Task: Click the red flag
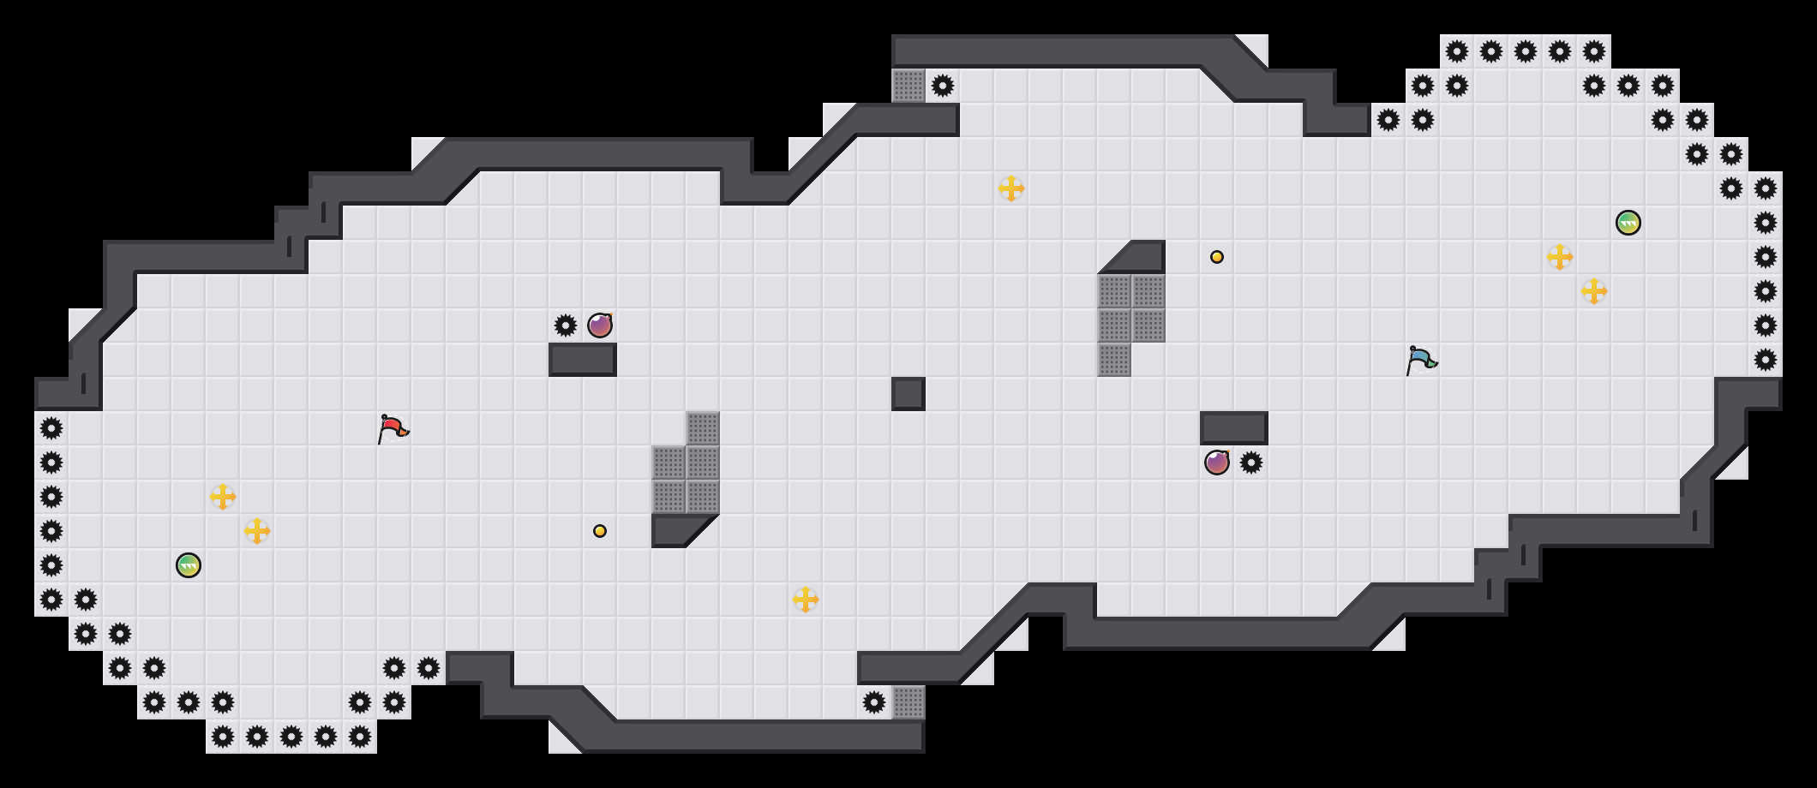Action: click(393, 427)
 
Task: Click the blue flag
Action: click(1421, 359)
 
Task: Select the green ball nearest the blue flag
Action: click(1628, 223)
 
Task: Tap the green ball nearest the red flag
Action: click(189, 565)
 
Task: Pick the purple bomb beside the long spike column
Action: click(600, 325)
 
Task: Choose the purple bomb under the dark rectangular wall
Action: click(1217, 463)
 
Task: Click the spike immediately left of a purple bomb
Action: click(566, 325)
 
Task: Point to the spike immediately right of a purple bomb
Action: click(1251, 463)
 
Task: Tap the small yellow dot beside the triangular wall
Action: click(1217, 257)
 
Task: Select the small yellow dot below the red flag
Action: click(600, 531)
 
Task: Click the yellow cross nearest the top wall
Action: click(1011, 188)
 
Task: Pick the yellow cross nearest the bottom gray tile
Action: click(806, 600)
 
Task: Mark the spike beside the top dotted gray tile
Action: click(943, 86)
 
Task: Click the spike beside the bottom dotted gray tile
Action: click(874, 702)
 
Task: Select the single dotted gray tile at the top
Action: click(908, 86)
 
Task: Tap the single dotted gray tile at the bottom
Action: click(908, 702)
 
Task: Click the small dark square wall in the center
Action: click(908, 394)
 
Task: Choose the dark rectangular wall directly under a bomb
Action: click(583, 360)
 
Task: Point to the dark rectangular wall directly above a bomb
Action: click(1234, 428)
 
